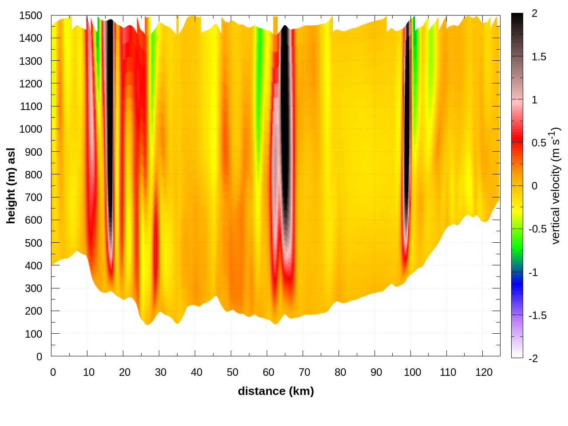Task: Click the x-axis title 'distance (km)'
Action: (x=276, y=391)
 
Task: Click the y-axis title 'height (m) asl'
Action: (x=11, y=185)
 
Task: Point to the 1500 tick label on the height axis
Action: (x=31, y=16)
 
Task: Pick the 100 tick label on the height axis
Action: (x=34, y=334)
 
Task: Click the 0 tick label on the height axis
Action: (x=39, y=356)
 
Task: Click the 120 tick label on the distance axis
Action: (x=483, y=372)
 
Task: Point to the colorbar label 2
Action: (x=534, y=14)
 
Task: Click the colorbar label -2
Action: (x=532, y=358)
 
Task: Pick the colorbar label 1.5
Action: (x=539, y=57)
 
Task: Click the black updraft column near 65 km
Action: (x=285, y=133)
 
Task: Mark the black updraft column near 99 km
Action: (x=406, y=133)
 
